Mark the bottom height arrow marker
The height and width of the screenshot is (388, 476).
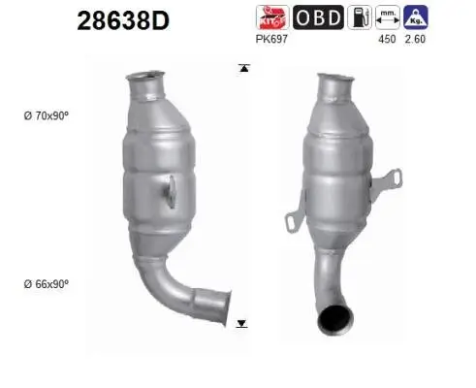point(242,323)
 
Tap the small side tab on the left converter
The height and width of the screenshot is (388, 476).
point(172,189)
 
